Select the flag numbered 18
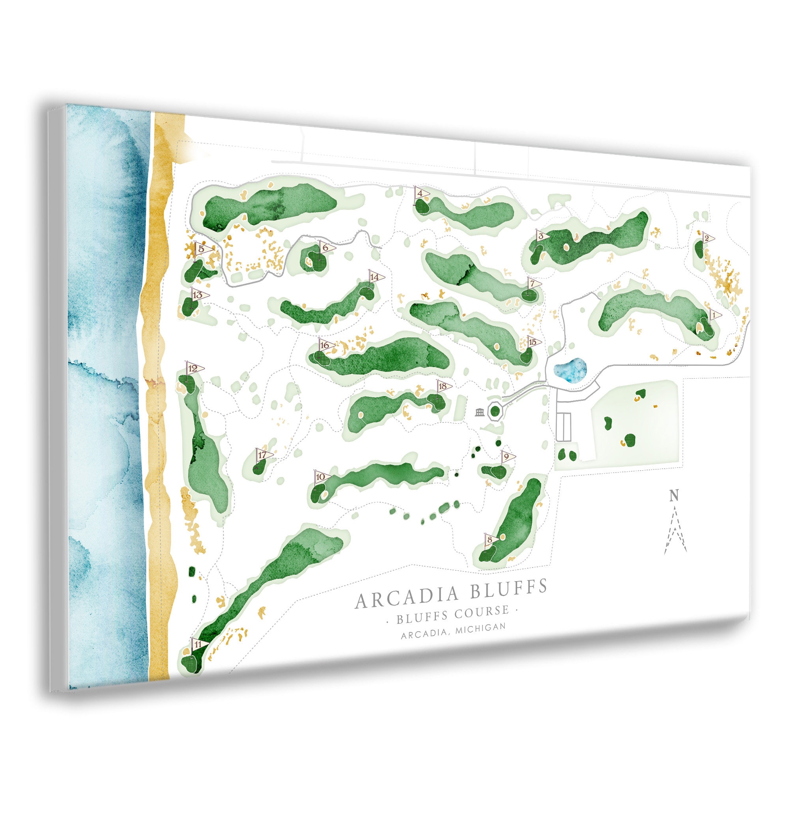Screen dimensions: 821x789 pyautogui.click(x=443, y=386)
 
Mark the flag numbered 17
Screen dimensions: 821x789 pyautogui.click(x=264, y=455)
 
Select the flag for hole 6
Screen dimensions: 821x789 pyautogui.click(x=326, y=247)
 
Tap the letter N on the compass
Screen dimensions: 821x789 pyautogui.click(x=673, y=496)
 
